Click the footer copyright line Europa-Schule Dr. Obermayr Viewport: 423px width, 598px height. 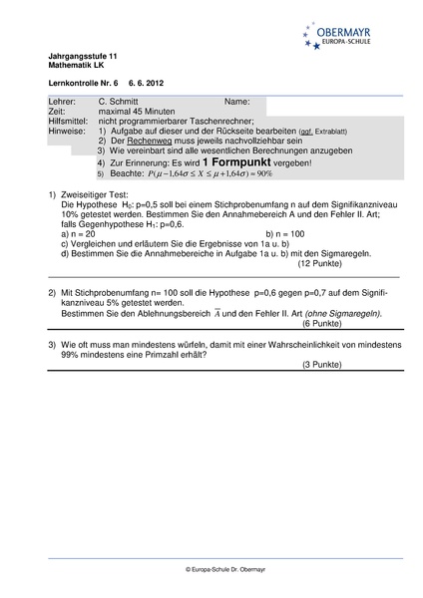[211, 568]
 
